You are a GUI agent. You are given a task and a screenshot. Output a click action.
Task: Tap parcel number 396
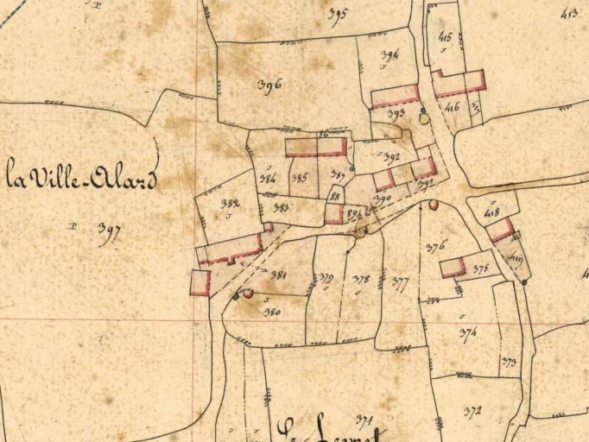[270, 85]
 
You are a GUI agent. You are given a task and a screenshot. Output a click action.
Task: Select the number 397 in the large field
[109, 233]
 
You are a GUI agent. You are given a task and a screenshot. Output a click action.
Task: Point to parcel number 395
[337, 14]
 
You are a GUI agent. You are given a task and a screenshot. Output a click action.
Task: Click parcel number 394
[390, 56]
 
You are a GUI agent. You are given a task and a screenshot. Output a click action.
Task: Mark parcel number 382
[230, 205]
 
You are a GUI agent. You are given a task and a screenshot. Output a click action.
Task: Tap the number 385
[300, 179]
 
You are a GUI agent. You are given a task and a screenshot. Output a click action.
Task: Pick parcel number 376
[436, 246]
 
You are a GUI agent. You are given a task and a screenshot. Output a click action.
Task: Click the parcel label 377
[400, 282]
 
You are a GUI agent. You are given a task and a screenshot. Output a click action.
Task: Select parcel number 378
[362, 280]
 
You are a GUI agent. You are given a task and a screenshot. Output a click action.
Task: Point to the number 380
[272, 312]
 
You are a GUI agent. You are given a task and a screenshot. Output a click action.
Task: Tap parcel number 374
[468, 331]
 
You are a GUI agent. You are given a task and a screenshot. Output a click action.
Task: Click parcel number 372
[472, 411]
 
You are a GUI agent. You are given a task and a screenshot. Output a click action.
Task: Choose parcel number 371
[364, 420]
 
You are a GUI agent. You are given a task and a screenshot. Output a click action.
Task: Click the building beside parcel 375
[453, 267]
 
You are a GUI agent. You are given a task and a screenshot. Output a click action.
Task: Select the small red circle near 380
[249, 294]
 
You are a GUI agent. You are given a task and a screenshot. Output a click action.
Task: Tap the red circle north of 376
[434, 205]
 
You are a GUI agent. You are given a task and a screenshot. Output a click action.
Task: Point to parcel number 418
[492, 212]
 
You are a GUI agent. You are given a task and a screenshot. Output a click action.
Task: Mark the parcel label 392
[391, 158]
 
